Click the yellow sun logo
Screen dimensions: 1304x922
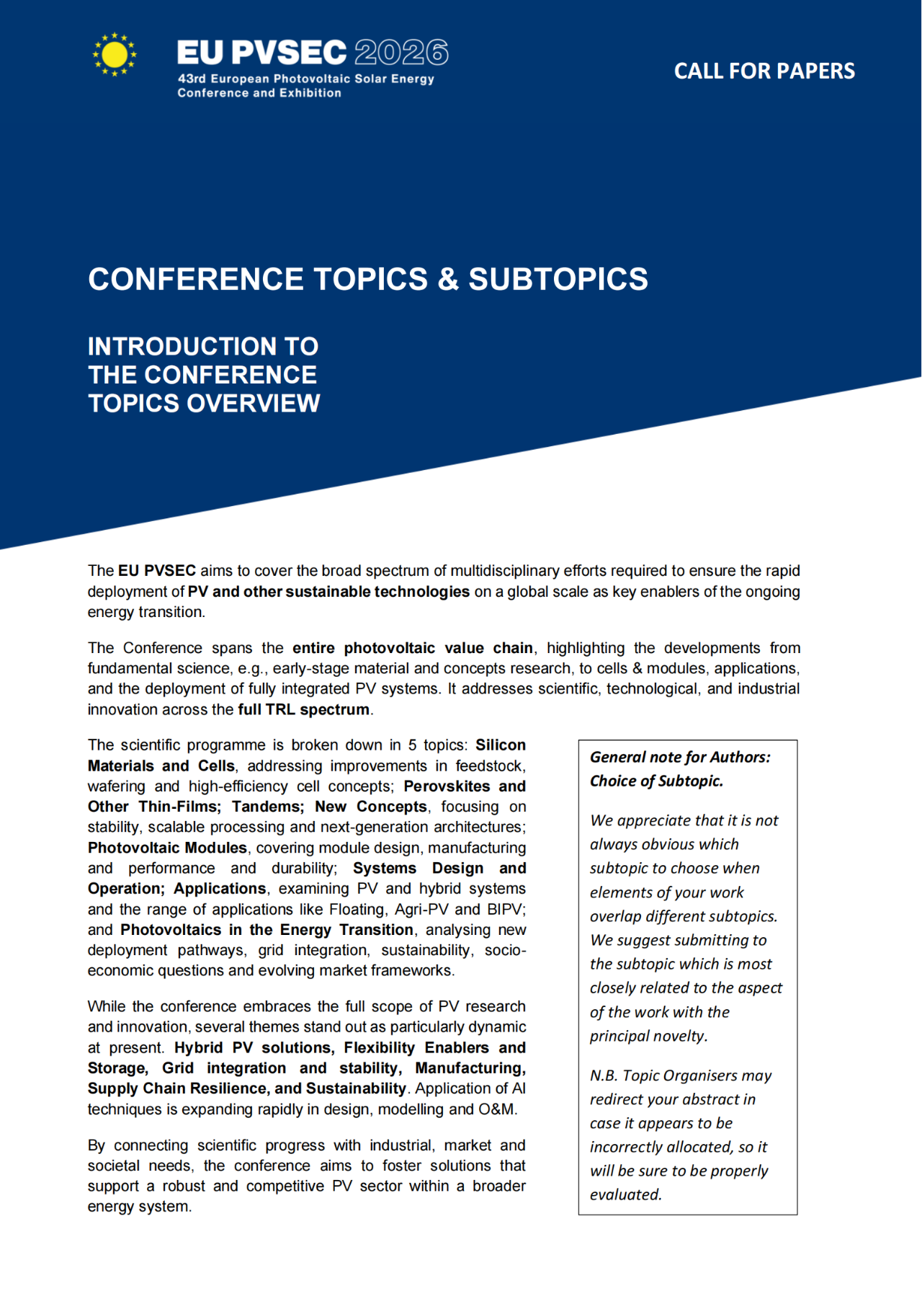[114, 55]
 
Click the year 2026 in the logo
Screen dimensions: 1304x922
[401, 53]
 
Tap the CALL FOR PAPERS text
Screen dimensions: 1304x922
[764, 71]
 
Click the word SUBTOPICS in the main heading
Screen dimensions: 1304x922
[558, 279]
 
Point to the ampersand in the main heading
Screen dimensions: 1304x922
[448, 279]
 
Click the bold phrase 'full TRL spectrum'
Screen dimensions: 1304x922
[303, 709]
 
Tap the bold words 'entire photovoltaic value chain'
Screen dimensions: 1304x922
[412, 648]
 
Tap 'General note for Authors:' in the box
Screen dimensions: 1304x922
[680, 757]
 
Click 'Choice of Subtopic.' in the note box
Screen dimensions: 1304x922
[656, 781]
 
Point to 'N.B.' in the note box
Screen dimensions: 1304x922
[603, 1075]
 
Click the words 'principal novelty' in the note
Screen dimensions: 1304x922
[648, 1036]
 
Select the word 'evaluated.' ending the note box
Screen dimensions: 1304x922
[625, 1194]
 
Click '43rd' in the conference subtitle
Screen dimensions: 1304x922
[192, 79]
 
